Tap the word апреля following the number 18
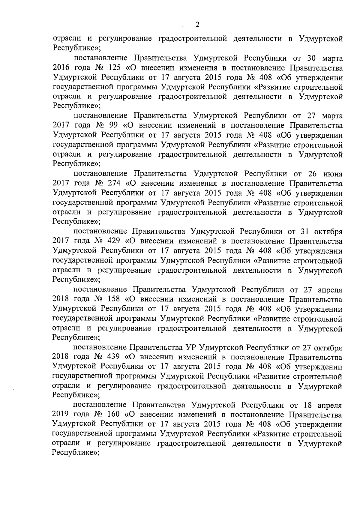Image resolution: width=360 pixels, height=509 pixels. [x=330, y=406]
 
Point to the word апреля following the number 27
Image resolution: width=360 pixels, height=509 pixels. [x=330, y=290]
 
